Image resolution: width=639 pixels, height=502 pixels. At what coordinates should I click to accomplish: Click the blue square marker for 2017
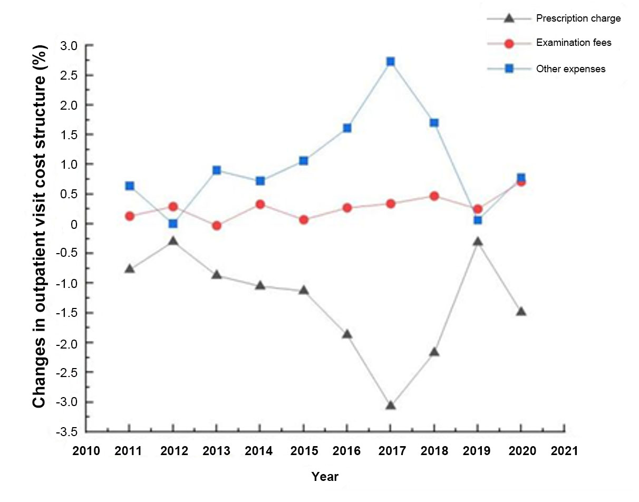(x=390, y=61)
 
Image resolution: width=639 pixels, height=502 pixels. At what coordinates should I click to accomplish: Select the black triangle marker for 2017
(x=390, y=405)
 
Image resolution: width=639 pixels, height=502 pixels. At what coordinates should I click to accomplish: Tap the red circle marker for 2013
(x=216, y=226)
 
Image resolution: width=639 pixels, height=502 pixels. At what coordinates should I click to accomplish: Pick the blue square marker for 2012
(x=173, y=224)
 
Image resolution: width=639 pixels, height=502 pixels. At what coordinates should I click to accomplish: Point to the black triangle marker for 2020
(x=521, y=311)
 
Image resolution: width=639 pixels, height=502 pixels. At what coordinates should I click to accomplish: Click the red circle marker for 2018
(x=434, y=196)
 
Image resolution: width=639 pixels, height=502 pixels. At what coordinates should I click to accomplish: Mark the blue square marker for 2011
(x=130, y=186)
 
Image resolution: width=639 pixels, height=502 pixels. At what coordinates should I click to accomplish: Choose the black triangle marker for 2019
(x=478, y=242)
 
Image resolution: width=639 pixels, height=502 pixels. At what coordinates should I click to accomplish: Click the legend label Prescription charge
(x=578, y=18)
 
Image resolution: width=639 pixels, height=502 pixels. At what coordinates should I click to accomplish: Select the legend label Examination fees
(x=574, y=43)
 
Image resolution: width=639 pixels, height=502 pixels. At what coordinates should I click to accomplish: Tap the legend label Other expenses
(x=570, y=69)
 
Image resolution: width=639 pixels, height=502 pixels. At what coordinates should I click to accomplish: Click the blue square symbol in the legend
(x=509, y=69)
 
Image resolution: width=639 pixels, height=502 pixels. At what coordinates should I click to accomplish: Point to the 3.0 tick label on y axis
(x=68, y=46)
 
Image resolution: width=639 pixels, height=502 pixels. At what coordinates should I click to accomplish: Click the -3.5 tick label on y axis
(x=66, y=432)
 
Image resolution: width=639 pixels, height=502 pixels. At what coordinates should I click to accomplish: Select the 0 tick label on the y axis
(x=73, y=224)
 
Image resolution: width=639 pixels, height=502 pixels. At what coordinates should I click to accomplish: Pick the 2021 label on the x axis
(x=564, y=451)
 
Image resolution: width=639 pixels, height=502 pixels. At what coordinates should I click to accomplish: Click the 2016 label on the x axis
(x=347, y=451)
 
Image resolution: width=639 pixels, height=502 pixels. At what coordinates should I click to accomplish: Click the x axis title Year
(x=325, y=477)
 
